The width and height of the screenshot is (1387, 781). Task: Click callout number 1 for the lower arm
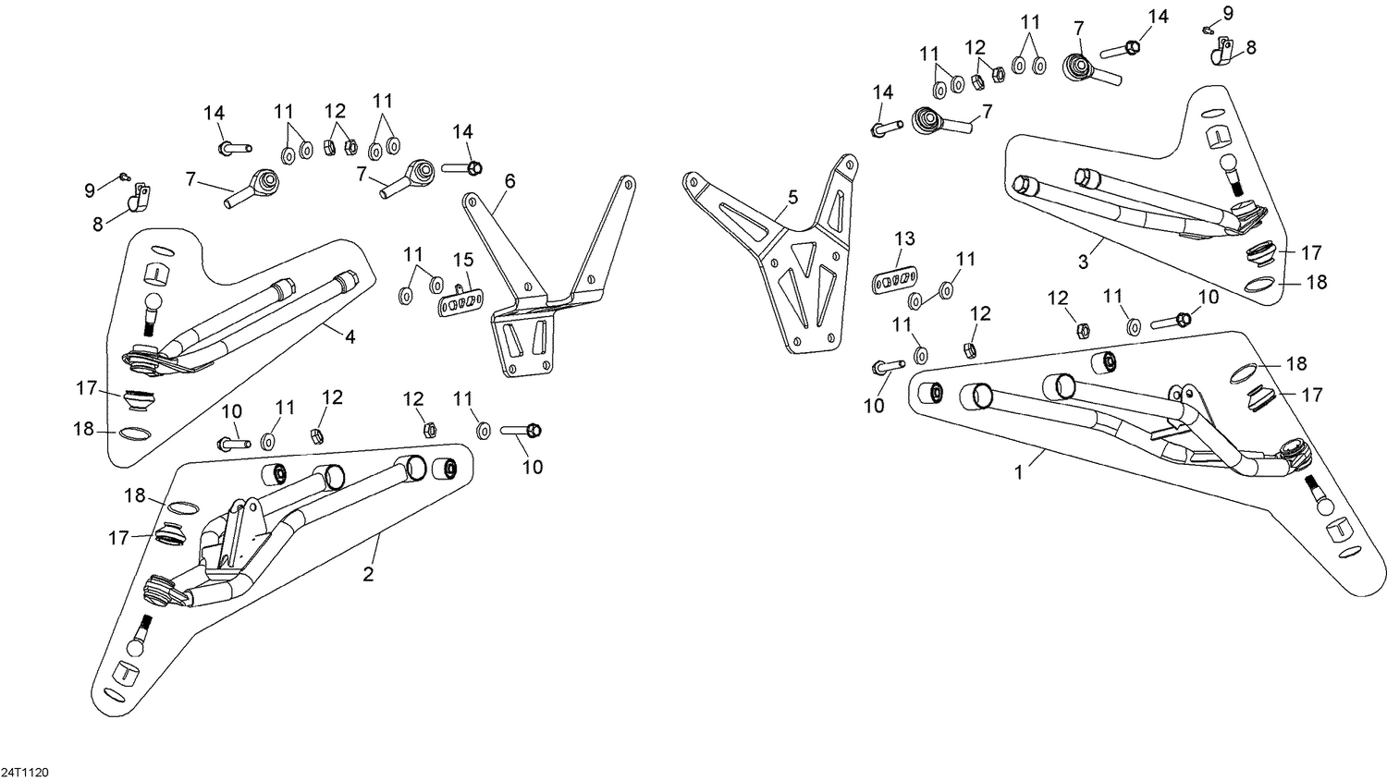pyautogui.click(x=1018, y=471)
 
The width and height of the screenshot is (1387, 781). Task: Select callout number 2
pyautogui.click(x=368, y=574)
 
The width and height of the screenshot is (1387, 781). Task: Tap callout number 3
pyautogui.click(x=1083, y=262)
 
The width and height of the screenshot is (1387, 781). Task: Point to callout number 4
pyautogui.click(x=350, y=337)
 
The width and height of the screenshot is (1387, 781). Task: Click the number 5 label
pyautogui.click(x=792, y=197)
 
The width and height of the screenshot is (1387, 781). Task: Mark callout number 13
pyautogui.click(x=903, y=238)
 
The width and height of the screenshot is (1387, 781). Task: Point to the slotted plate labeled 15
pyautogui.click(x=461, y=302)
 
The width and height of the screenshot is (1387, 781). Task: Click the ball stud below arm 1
pyautogui.click(x=1319, y=494)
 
